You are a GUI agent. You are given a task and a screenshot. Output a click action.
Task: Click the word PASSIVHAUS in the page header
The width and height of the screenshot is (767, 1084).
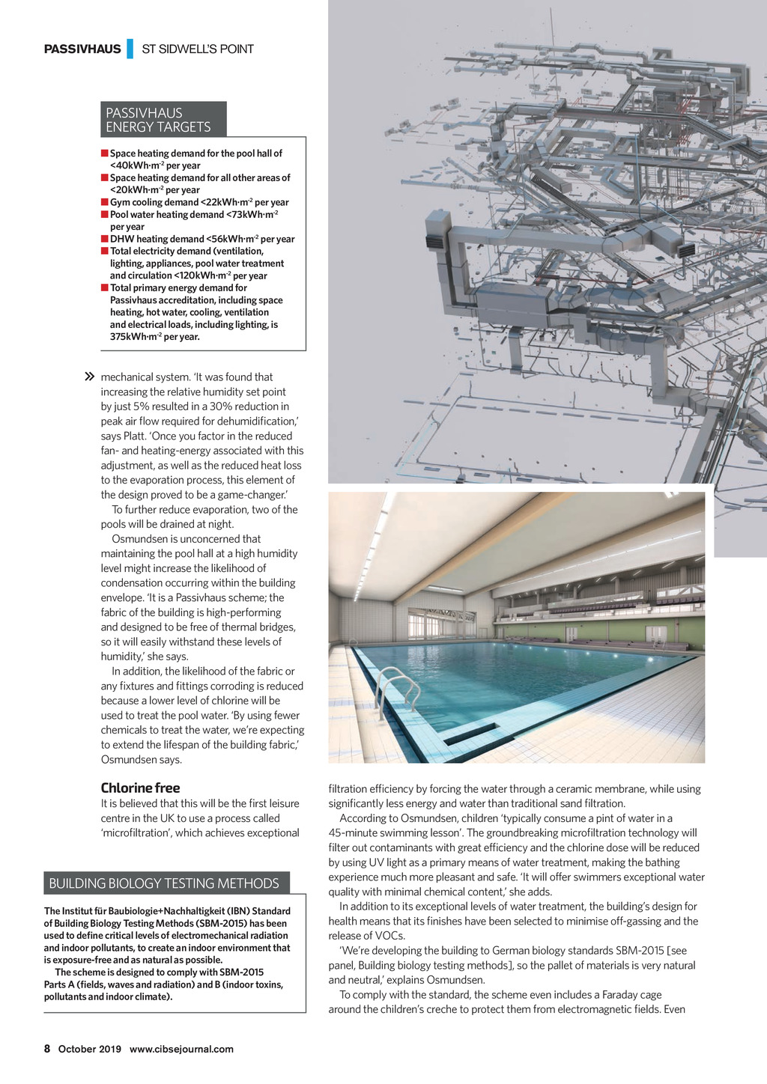[x=82, y=49]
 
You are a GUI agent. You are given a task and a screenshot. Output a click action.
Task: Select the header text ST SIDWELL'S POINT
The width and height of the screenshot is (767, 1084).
[x=198, y=49]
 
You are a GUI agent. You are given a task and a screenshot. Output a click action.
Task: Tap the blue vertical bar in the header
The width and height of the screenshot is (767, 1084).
[x=130, y=49]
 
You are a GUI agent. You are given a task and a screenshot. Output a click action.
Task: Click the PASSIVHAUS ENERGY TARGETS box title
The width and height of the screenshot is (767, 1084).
[x=159, y=120]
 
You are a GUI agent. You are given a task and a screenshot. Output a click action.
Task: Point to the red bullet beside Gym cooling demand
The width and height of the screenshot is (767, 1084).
[x=105, y=202]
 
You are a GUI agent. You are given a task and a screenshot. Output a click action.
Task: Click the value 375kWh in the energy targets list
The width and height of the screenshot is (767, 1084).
[x=130, y=337]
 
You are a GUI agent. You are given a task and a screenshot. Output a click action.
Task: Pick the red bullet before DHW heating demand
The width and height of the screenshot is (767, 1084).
[x=105, y=239]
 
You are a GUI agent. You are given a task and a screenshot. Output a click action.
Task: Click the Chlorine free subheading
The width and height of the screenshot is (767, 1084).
[x=140, y=788]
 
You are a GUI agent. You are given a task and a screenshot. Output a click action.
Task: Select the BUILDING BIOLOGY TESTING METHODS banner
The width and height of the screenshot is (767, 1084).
[x=164, y=883]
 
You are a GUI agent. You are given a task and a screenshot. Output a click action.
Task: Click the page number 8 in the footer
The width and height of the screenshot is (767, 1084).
[x=47, y=1049]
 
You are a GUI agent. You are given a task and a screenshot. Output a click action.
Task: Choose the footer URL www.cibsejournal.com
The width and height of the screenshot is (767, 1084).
[x=181, y=1049]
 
